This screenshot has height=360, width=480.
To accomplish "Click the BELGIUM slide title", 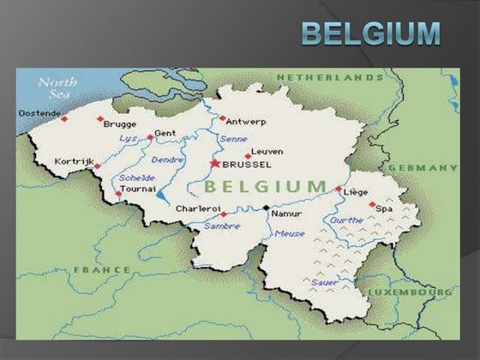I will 370,33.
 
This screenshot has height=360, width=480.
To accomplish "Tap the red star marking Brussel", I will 214,162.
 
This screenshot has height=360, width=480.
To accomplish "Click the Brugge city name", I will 120,123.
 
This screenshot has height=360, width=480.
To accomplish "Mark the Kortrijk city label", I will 72,160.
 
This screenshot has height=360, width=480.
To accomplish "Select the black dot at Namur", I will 267,208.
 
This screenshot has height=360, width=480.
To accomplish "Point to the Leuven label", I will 267,152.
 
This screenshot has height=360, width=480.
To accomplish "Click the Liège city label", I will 356,192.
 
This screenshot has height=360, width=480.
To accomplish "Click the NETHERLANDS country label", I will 329,77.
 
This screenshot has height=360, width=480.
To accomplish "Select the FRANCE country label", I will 103,269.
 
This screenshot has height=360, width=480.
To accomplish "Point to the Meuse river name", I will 290,233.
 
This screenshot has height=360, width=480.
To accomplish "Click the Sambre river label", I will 222,225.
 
